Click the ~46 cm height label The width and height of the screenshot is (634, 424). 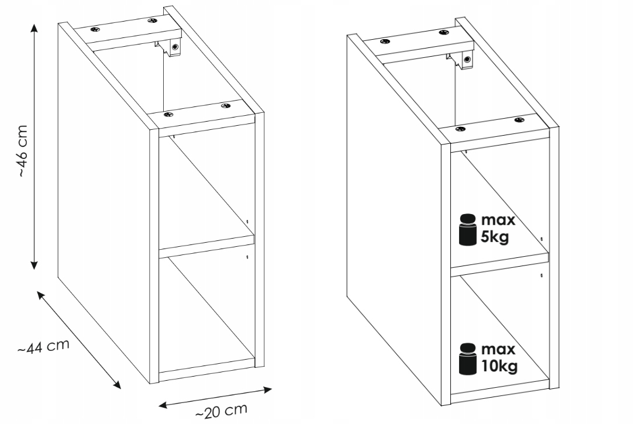click(x=23, y=151)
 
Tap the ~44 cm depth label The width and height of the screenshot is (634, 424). click(x=44, y=347)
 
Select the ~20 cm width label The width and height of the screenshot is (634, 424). click(x=221, y=411)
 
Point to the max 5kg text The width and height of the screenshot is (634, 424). click(x=498, y=228)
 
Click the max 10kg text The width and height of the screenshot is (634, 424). click(x=499, y=357)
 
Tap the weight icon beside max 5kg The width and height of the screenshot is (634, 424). click(x=468, y=229)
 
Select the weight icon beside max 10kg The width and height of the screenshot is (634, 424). click(x=468, y=358)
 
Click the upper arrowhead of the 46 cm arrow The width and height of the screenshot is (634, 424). click(x=35, y=27)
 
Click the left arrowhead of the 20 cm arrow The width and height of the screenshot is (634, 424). click(x=163, y=405)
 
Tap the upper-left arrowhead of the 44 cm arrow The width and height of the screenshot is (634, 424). click(x=41, y=295)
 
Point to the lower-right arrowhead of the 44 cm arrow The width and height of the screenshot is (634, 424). click(x=116, y=384)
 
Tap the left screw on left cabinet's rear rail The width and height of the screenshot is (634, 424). click(x=95, y=30)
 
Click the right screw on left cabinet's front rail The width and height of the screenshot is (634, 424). click(x=225, y=106)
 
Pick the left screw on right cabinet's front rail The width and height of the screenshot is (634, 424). click(x=459, y=129)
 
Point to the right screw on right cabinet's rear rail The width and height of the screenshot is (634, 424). click(x=443, y=32)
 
